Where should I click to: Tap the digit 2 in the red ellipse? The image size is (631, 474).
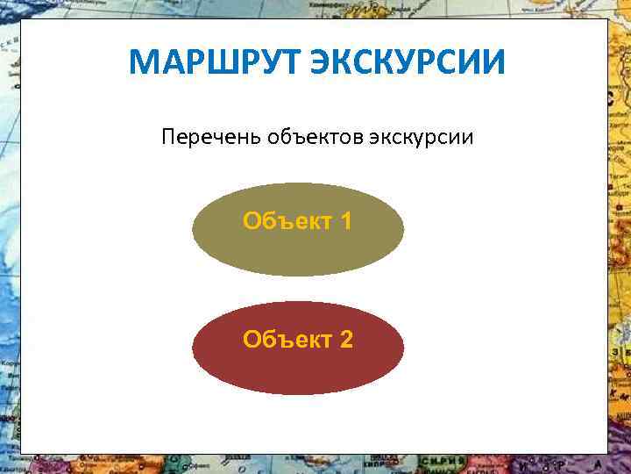click(x=346, y=340)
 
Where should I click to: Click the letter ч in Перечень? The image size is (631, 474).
click(x=209, y=138)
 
